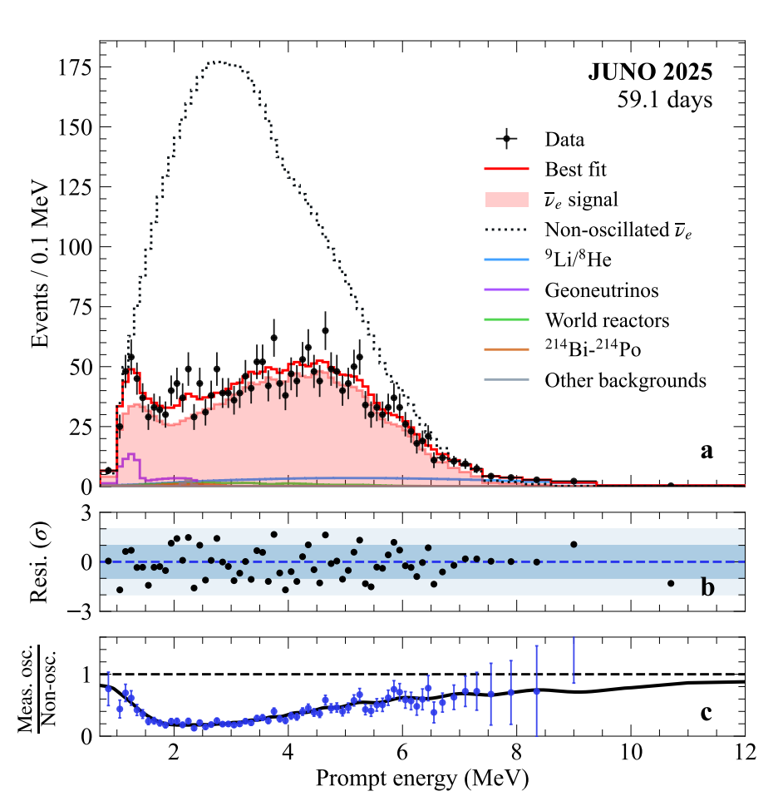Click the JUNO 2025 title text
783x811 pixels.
point(650,72)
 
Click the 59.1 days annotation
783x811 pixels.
point(664,100)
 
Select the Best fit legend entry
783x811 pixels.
point(575,170)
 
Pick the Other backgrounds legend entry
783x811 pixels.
point(625,381)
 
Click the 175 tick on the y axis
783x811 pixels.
point(75,67)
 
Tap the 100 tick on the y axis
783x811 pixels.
point(75,247)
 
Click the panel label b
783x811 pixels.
point(707,588)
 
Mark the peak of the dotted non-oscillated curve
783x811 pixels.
point(218,62)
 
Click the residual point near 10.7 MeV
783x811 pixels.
point(671,583)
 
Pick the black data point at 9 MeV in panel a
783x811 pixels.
point(574,482)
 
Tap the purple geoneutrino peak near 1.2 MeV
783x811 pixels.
point(130,456)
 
